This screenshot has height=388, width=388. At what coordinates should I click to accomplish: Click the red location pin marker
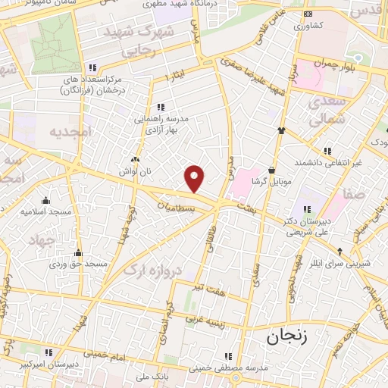[x=195, y=178]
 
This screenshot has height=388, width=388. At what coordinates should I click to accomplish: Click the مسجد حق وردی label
[x=78, y=264]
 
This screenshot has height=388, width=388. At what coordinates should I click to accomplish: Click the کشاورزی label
[x=307, y=25]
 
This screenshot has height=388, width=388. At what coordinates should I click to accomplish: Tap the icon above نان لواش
[x=135, y=160]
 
